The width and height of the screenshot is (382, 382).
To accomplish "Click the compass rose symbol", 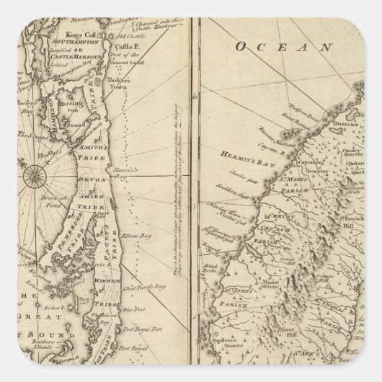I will point(34,172).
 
